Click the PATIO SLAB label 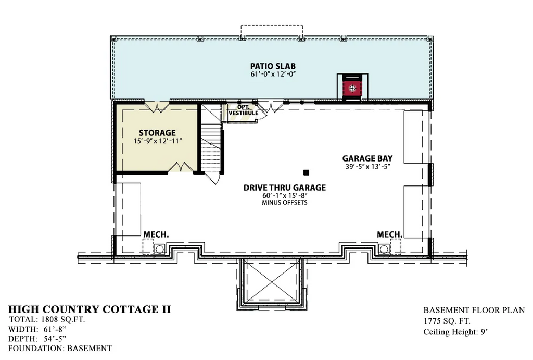[x=273, y=66]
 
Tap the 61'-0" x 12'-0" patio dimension [x=273, y=74]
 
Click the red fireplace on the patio [x=352, y=88]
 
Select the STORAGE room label [x=157, y=133]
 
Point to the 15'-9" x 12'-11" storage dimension [x=158, y=141]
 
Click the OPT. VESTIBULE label [x=244, y=110]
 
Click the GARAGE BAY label [x=367, y=158]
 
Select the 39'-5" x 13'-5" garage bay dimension [x=367, y=166]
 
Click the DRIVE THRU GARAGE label [x=285, y=188]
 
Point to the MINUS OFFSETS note [x=285, y=203]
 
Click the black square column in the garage [x=306, y=172]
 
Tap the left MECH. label [x=156, y=234]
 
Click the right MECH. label [x=389, y=234]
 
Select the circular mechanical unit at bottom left [x=159, y=249]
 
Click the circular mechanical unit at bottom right [x=384, y=249]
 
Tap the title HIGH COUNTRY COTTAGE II [x=90, y=309]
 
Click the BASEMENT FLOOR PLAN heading [x=474, y=310]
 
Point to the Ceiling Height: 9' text [x=456, y=332]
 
